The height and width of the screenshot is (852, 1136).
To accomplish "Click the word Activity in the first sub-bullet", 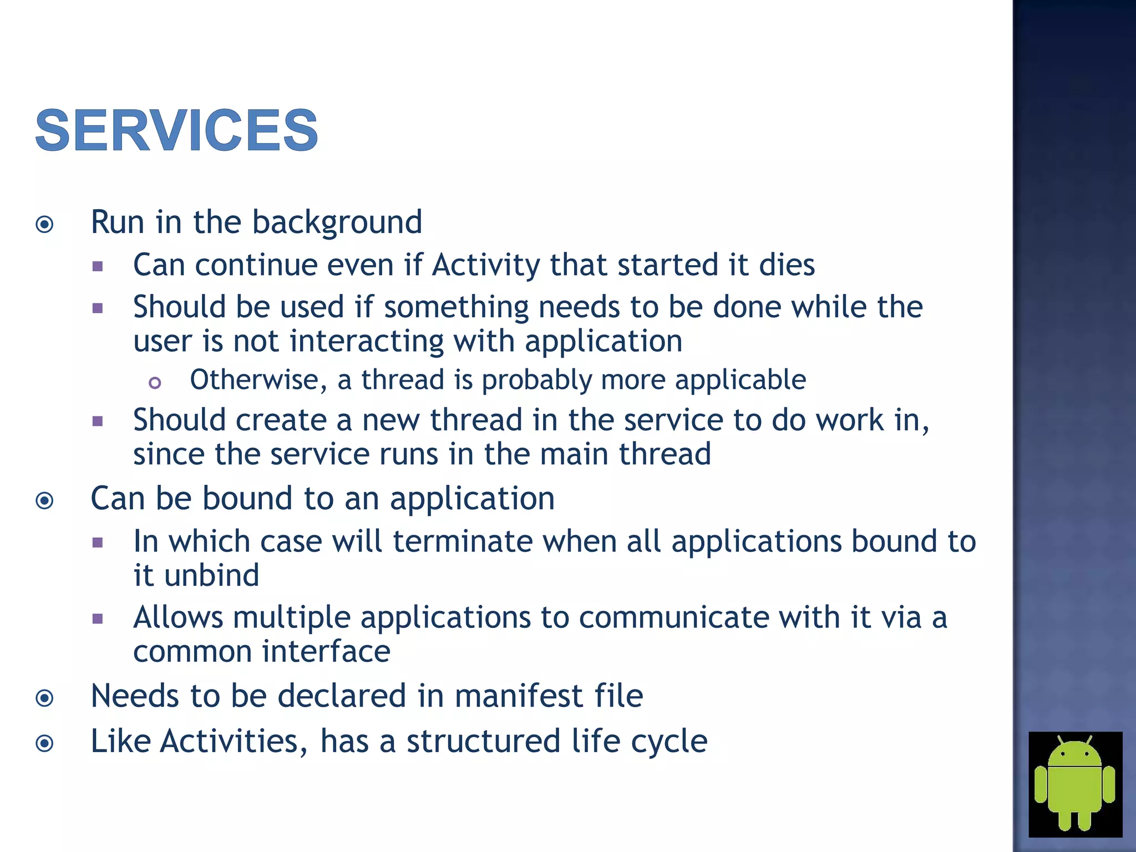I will tap(485, 265).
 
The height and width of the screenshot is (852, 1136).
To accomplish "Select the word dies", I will tap(787, 265).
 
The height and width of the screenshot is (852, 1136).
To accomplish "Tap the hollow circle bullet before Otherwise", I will tap(155, 383).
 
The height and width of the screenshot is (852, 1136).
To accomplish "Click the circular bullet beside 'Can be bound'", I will tap(44, 501).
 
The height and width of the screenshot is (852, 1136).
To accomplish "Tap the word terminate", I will tap(463, 541).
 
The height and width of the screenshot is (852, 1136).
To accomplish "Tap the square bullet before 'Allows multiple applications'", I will tap(98, 619).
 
